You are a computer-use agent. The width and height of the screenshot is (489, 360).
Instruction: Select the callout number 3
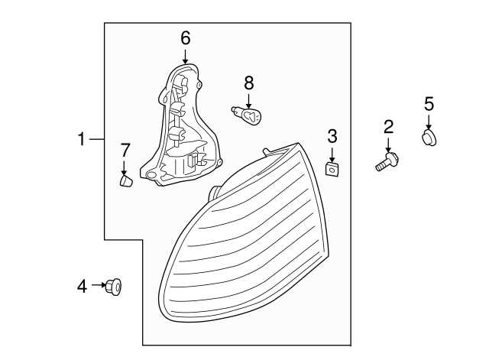[x=332, y=137]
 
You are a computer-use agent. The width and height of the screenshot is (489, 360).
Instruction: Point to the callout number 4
[x=82, y=286]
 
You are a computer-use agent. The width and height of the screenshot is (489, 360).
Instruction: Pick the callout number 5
[x=429, y=103]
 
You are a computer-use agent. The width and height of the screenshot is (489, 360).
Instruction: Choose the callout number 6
[x=185, y=37]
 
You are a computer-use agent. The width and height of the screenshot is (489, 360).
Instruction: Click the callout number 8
[x=248, y=82]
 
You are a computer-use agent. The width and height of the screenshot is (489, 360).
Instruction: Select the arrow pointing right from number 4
[x=99, y=286]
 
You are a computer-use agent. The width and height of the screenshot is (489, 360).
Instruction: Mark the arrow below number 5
[x=429, y=121]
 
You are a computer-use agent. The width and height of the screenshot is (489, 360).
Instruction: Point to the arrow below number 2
[x=388, y=144]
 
